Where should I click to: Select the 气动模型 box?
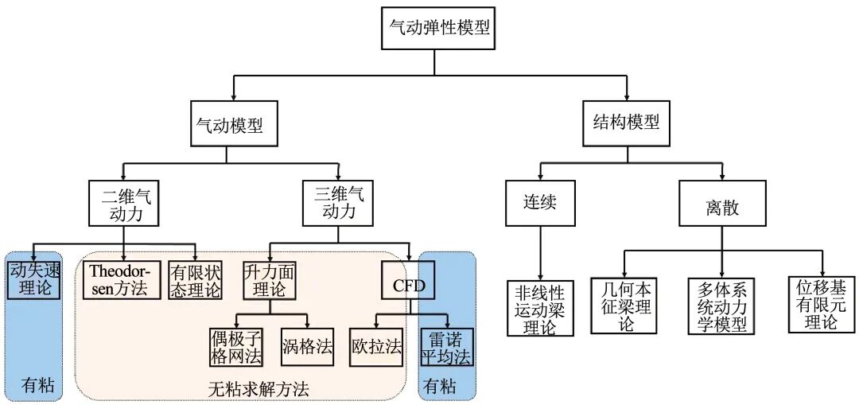click(x=234, y=123)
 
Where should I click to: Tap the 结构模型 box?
click(x=627, y=123)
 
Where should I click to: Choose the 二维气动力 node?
click(x=125, y=203)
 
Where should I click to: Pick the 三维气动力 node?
click(x=338, y=203)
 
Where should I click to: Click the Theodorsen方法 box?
click(x=119, y=278)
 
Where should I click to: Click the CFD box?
click(x=409, y=284)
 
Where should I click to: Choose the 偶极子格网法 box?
click(x=236, y=347)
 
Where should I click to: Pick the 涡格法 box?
click(x=305, y=347)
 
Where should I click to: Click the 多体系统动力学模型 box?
click(x=721, y=306)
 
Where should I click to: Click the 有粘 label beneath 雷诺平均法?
click(x=440, y=387)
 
